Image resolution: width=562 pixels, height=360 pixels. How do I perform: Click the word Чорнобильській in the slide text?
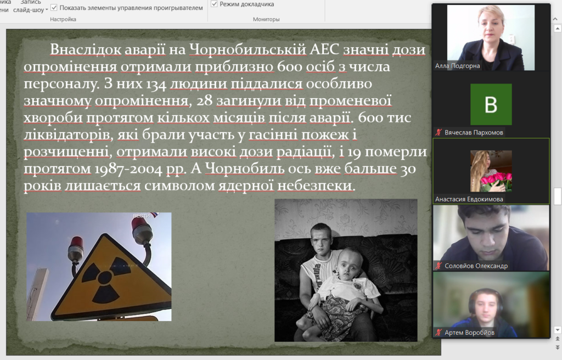tap(248, 50)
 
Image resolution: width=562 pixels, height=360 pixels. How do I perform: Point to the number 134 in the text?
tap(156, 85)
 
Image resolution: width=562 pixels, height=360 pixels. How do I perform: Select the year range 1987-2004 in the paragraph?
tap(128, 169)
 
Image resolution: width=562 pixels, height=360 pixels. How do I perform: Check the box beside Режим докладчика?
tap(214, 4)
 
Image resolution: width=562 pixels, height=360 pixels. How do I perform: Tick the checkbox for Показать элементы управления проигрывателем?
tap(54, 7)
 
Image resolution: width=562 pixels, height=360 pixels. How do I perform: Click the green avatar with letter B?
tap(491, 104)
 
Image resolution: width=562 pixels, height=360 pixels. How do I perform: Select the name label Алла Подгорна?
tap(457, 66)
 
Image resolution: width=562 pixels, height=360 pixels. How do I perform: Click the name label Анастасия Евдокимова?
tap(469, 199)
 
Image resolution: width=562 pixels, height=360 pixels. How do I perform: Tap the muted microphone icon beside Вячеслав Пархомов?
tap(439, 132)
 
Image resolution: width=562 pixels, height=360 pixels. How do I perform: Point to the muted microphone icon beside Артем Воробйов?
tap(439, 333)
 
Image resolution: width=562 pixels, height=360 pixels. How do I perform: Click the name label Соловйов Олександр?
tap(476, 266)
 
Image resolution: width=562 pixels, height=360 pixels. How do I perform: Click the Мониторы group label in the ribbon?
tap(266, 19)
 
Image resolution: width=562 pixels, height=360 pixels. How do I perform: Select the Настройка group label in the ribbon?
tap(63, 19)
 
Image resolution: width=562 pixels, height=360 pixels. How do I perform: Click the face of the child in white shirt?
tap(347, 263)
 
